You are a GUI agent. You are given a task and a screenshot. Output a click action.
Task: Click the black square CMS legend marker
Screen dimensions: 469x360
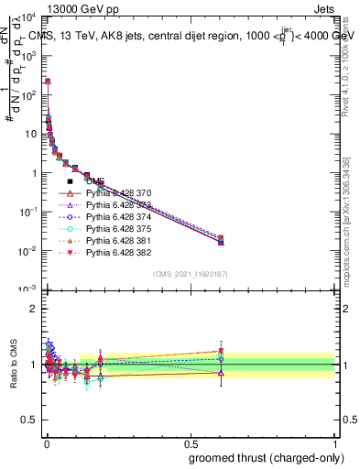point(71,181)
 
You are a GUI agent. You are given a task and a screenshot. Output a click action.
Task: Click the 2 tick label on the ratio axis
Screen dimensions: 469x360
point(34,309)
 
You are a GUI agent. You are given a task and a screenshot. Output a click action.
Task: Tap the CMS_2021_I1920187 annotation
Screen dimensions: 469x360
point(190,274)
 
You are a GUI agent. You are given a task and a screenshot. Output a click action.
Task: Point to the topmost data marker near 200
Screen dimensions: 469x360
point(48,82)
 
